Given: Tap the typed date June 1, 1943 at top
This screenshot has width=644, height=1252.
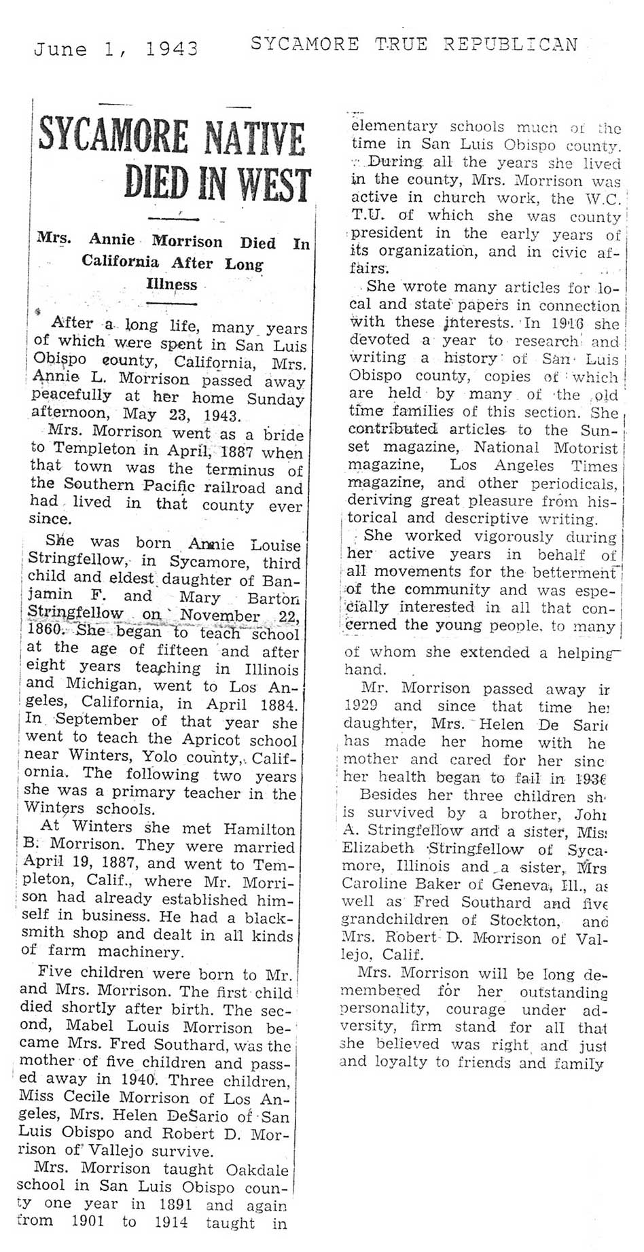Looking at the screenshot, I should [116, 49].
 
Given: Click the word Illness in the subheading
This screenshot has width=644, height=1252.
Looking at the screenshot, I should [172, 284].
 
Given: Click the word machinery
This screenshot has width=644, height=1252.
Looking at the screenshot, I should [140, 952].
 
